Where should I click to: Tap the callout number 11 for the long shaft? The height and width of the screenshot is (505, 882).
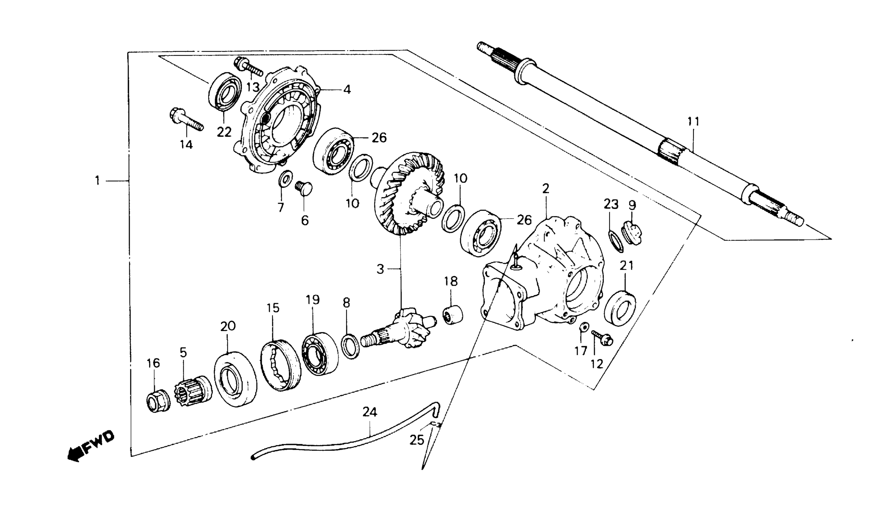693,122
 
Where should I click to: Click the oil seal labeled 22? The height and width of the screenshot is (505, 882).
225,91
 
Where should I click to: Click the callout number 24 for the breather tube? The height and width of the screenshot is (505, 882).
370,412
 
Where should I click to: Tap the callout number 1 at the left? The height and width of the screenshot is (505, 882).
98,181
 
